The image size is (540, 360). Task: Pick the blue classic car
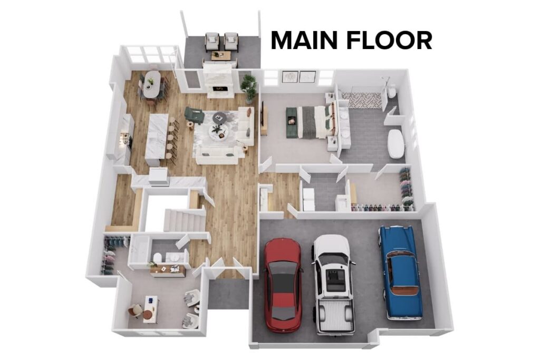point(400,271)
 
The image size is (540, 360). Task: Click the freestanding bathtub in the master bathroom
point(396,143)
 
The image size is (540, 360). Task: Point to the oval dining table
point(151,84)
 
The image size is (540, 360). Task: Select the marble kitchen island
point(157,136)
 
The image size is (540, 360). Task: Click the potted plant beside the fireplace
point(248,85)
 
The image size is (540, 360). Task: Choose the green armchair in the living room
point(194,115)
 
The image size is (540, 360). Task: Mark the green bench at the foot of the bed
point(292,123)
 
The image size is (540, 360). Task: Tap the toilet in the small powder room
point(158,257)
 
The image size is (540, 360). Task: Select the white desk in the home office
point(150,308)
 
